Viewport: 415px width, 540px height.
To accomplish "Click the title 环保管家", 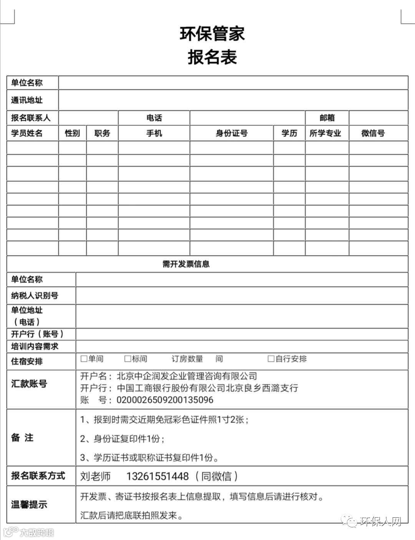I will click(x=212, y=33).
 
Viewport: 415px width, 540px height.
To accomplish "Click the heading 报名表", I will click(x=212, y=57).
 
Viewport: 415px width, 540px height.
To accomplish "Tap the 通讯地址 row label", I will click(x=27, y=100).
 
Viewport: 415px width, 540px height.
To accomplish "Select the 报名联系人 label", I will click(x=30, y=118).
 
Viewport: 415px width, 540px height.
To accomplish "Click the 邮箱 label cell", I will click(x=327, y=118).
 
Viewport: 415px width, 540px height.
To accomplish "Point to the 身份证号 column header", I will click(x=231, y=133).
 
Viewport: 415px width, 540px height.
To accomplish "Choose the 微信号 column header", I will click(x=373, y=133).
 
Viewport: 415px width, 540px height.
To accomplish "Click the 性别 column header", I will click(x=72, y=133).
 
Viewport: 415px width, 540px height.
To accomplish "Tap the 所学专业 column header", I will click(x=325, y=133).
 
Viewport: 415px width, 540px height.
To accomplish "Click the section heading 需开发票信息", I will click(x=186, y=264).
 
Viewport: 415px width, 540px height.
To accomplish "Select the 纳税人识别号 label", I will click(x=35, y=295).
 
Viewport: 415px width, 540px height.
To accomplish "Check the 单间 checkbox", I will click(x=84, y=359).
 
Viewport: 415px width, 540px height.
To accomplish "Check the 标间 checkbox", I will click(x=128, y=359).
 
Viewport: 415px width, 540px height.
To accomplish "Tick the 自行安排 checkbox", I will click(x=271, y=359).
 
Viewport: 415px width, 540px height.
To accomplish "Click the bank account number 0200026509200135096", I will click(x=165, y=400).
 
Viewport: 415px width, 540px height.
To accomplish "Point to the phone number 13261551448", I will click(x=158, y=476).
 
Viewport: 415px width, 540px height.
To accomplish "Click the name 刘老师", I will click(x=95, y=476).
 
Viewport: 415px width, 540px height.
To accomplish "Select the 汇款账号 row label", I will click(x=29, y=383).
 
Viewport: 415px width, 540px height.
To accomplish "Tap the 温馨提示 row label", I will click(x=29, y=505).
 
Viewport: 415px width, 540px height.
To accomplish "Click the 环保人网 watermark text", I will click(x=380, y=522).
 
